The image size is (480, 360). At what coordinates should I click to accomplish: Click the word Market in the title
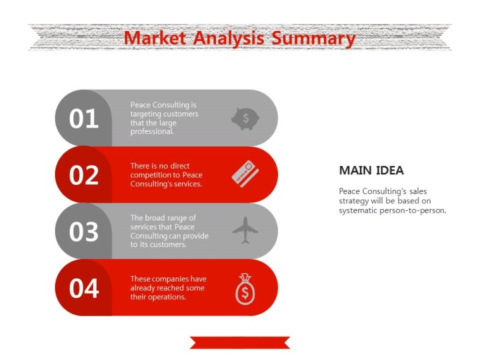[155, 38]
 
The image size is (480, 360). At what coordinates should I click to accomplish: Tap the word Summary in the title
[313, 40]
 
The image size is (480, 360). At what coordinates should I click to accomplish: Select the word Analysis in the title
[229, 39]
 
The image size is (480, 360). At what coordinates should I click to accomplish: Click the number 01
[83, 119]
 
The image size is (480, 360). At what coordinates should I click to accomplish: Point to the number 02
[83, 175]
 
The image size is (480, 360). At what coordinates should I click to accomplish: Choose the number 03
[83, 232]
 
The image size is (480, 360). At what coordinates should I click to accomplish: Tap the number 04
[83, 288]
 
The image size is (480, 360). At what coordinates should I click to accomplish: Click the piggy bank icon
[245, 119]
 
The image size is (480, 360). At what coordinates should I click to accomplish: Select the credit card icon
[245, 173]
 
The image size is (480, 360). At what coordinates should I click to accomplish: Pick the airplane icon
[245, 230]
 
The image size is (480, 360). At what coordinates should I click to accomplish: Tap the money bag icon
[245, 289]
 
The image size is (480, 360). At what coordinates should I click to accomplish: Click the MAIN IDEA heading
[371, 171]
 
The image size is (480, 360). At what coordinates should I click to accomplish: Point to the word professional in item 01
[152, 131]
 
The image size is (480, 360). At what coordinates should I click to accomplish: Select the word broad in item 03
[154, 217]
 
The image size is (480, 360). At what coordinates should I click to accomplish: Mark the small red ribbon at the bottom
[240, 342]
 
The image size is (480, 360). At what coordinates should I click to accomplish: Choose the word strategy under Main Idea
[354, 201]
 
